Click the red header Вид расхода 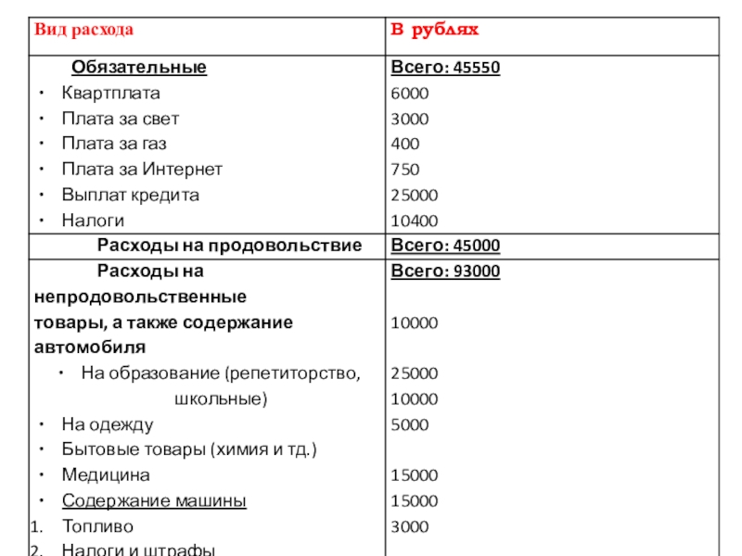[84, 30]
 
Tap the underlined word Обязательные [139, 68]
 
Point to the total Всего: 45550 [445, 68]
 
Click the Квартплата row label [110, 94]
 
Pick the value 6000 [410, 94]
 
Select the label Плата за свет [121, 119]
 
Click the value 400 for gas [405, 144]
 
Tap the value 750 [405, 170]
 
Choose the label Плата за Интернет [142, 170]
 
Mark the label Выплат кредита [130, 195]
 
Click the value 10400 [415, 221]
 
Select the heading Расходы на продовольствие [229, 246]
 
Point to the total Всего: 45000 [445, 246]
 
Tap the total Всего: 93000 [445, 272]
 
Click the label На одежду [108, 424]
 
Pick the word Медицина [106, 475]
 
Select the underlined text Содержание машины [154, 501]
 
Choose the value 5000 [410, 424]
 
